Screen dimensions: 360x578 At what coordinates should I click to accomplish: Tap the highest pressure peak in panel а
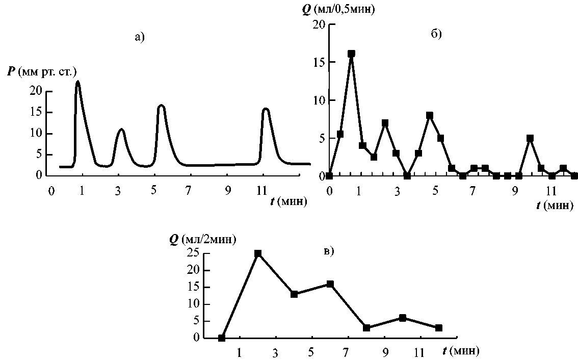77,82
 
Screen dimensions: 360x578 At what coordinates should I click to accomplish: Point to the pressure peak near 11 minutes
266,109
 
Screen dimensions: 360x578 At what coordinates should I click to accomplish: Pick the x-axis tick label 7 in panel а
188,191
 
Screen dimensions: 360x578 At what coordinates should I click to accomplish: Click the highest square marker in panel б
351,54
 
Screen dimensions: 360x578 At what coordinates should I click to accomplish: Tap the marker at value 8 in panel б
430,115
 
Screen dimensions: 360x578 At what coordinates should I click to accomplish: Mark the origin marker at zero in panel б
329,176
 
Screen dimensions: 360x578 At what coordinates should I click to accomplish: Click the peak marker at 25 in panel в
258,253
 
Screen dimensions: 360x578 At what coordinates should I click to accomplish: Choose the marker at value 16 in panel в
330,284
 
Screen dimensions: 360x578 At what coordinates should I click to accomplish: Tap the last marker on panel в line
439,328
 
